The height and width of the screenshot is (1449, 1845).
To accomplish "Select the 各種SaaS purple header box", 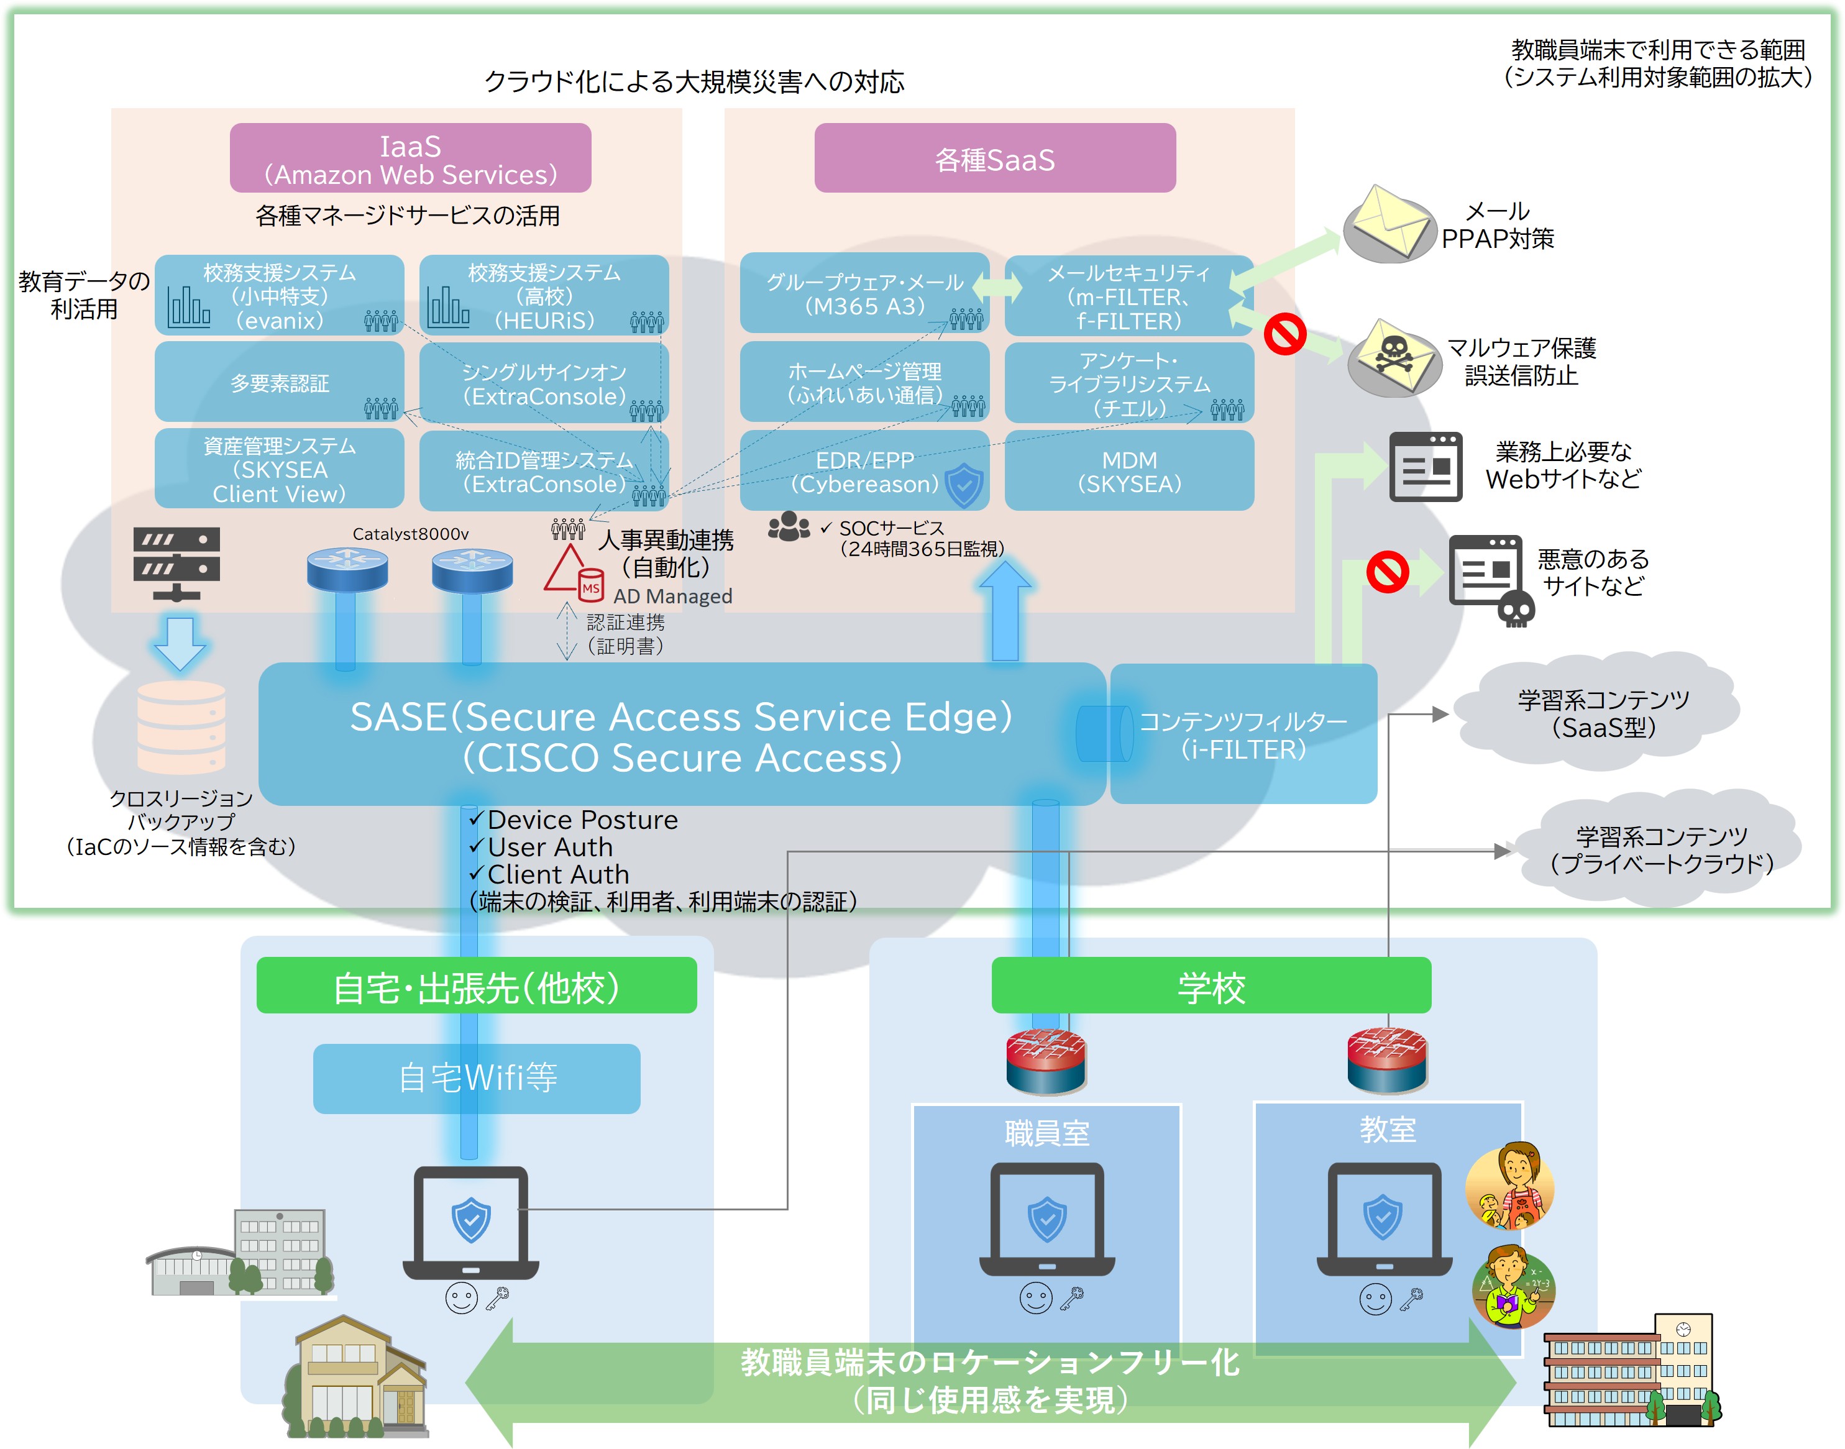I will pyautogui.click(x=994, y=158).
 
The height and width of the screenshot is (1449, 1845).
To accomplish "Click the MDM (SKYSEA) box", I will pyautogui.click(x=1129, y=471).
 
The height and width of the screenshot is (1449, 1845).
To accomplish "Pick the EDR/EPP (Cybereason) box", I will pyautogui.click(x=864, y=471).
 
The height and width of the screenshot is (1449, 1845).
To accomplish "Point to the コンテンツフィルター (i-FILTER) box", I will pyautogui.click(x=1243, y=734).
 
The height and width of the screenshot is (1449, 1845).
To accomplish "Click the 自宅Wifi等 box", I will pyautogui.click(x=476, y=1078).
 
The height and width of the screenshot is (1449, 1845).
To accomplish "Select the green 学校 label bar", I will pyautogui.click(x=1211, y=986).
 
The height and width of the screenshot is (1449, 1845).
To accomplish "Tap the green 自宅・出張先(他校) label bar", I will pyautogui.click(x=476, y=986).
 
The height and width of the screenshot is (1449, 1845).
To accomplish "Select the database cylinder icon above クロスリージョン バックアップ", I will pyautogui.click(x=181, y=727).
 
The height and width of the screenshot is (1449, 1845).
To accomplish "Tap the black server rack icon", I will pyautogui.click(x=176, y=562).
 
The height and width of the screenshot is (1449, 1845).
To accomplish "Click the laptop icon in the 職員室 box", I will pyautogui.click(x=1046, y=1219).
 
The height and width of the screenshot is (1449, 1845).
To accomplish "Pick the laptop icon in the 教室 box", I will pyautogui.click(x=1383, y=1219).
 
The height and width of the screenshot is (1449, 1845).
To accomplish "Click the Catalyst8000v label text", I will pyautogui.click(x=411, y=534).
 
